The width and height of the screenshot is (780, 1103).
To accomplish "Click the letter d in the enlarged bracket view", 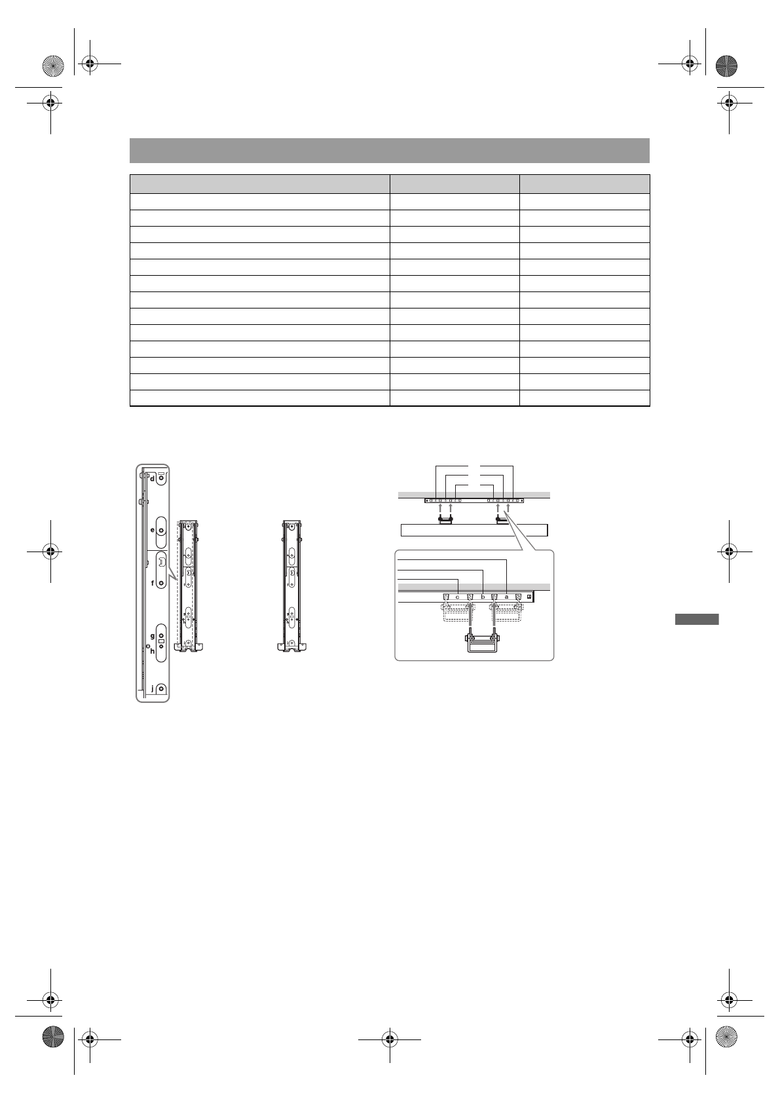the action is (x=152, y=478).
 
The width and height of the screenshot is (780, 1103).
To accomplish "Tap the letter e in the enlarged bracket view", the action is (x=152, y=531).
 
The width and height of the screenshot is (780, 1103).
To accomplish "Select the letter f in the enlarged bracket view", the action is (x=153, y=583).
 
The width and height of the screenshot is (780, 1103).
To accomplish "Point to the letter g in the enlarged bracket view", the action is (x=153, y=636).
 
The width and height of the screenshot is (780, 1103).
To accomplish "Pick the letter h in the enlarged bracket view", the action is (x=153, y=650).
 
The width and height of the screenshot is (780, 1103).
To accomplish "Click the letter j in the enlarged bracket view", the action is (x=153, y=689).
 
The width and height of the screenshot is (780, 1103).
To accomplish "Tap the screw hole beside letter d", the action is (x=161, y=479).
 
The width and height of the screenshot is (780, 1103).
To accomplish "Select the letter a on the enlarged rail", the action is (x=506, y=597).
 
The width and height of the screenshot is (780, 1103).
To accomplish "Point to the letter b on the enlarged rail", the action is (x=483, y=597).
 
